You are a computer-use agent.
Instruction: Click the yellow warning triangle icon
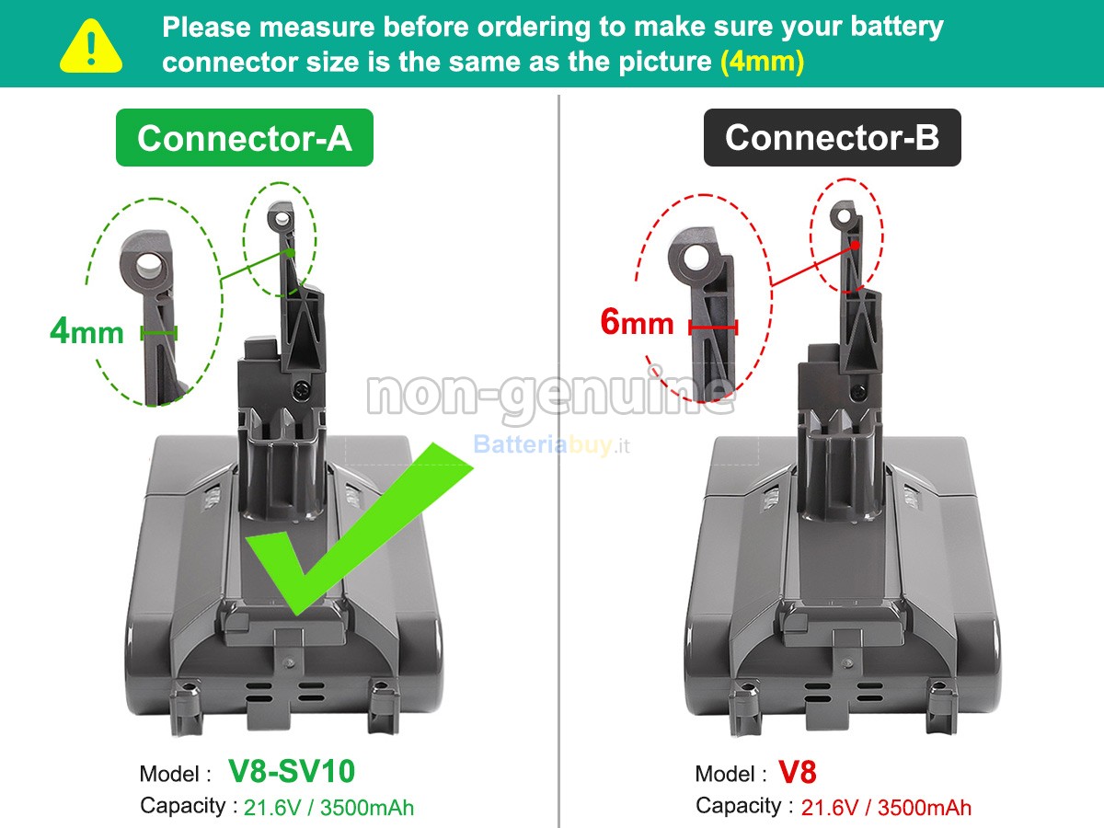coord(90,46)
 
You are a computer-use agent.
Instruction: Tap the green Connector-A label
coord(244,138)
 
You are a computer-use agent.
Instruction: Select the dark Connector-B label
coord(832,138)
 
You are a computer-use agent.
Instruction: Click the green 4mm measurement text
coord(86,331)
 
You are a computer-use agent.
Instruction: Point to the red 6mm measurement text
coord(637,323)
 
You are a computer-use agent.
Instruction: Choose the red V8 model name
coord(797,772)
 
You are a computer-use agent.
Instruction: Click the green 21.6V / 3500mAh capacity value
coord(328,807)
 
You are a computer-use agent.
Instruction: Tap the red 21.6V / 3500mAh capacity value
coord(885,807)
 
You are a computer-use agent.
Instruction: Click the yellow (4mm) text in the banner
coord(762,63)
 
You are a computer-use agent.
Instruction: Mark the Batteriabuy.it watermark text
coord(552,445)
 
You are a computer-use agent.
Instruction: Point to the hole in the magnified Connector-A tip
coord(149,268)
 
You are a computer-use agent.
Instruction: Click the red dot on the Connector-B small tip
coord(855,245)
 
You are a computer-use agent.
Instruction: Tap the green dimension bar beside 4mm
coord(158,332)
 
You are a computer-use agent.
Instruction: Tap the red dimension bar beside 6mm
coord(713,326)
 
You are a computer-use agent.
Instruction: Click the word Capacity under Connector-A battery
coord(182,806)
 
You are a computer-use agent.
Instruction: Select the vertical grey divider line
coord(558,460)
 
